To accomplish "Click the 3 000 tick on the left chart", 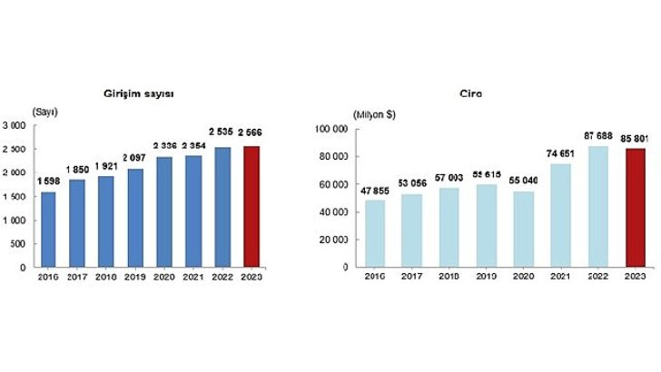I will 15,124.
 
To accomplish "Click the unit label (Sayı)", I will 45,112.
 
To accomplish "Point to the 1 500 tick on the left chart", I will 15,196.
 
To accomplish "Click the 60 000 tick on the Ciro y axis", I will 332,184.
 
